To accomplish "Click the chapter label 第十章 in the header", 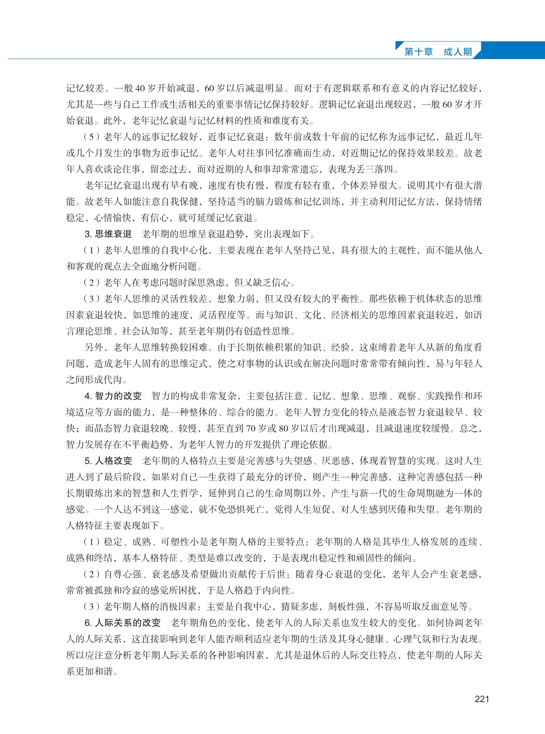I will point(418,52).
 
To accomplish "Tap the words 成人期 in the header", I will point(458,52).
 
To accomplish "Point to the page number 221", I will point(482,699).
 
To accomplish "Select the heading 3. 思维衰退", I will point(108,234).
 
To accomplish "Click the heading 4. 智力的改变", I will point(113,396).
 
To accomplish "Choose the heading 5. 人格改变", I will point(108,461).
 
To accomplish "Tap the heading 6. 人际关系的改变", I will point(122,623).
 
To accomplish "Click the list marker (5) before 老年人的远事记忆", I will point(91,137).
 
